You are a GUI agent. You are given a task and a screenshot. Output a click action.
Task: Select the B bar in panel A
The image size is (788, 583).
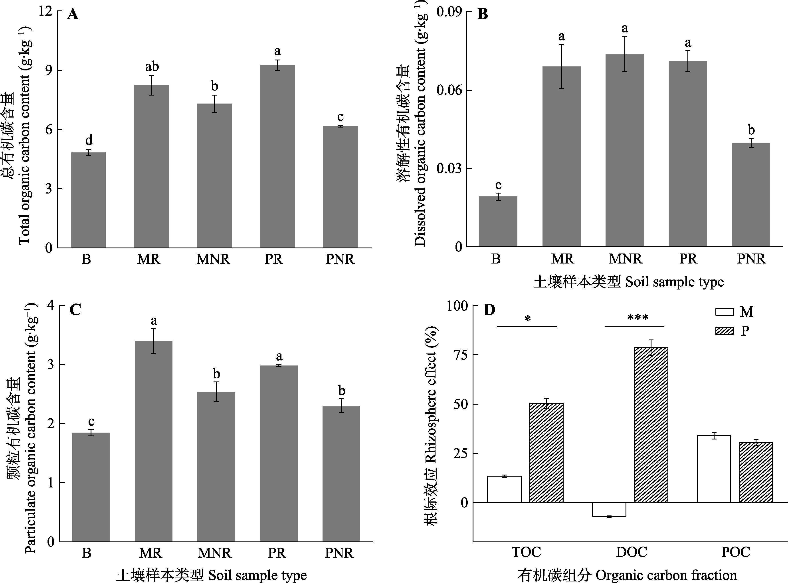(x=89, y=200)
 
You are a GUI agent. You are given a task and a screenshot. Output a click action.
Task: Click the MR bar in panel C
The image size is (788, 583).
(x=153, y=441)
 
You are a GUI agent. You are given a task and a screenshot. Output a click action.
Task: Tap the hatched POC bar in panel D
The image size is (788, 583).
(x=756, y=472)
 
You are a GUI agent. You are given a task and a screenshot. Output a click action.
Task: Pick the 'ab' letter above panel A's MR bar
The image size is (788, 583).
(x=152, y=66)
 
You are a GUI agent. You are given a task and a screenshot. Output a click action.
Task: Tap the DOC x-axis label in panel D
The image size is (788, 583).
(x=632, y=552)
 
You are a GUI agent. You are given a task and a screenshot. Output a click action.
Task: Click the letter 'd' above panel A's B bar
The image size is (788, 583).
(x=89, y=140)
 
